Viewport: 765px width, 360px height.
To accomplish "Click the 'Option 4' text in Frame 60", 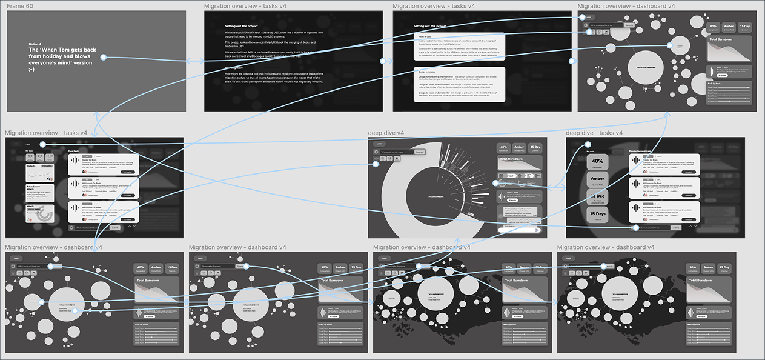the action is [35, 44].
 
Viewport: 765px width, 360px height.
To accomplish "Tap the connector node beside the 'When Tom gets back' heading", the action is [103, 58].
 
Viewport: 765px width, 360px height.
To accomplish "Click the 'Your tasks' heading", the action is [74, 150].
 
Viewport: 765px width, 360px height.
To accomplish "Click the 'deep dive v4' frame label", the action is [386, 133].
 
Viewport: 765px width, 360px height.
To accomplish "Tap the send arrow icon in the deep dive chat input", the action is [537, 230].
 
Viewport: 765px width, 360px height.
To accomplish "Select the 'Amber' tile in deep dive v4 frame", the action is [519, 148].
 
